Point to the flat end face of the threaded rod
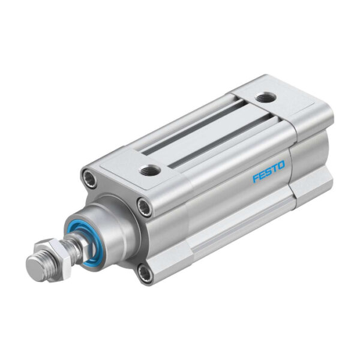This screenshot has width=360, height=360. coord(34,265)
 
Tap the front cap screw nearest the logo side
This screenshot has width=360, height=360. coord(145,206)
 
